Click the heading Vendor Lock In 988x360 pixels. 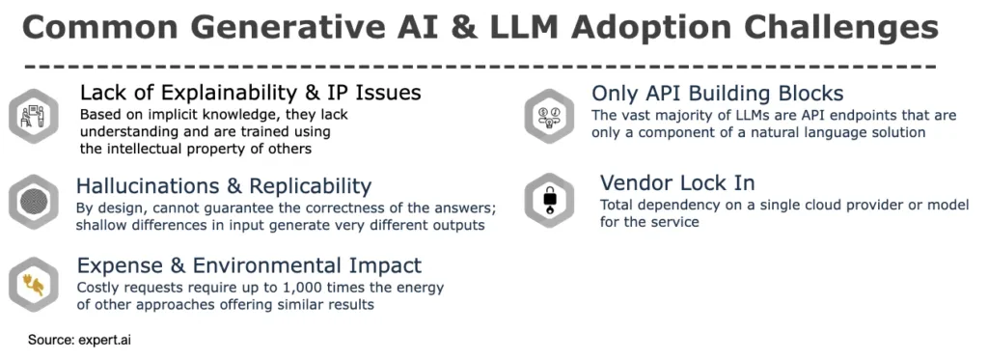click(677, 182)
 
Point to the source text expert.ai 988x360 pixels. click(111, 340)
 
